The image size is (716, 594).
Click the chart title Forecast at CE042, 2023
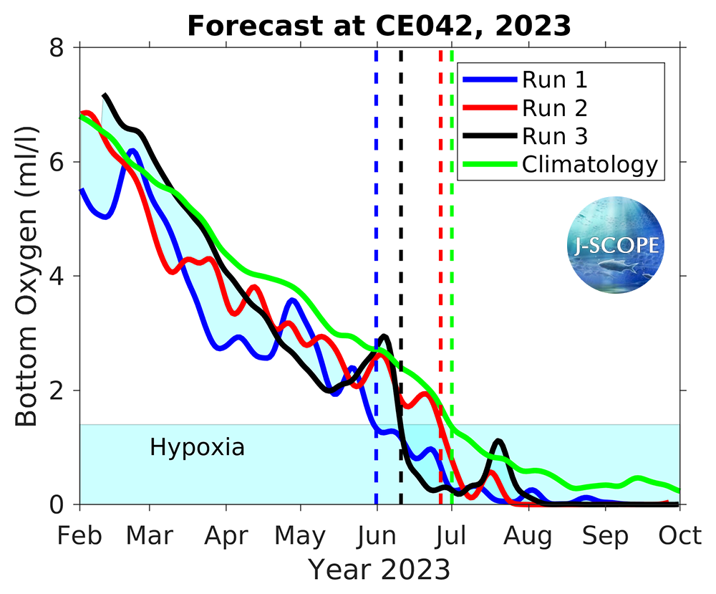[x=379, y=26]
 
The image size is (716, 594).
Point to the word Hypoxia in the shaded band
[x=198, y=448]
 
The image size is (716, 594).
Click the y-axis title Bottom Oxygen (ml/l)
[x=27, y=276]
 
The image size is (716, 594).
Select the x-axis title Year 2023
[x=379, y=570]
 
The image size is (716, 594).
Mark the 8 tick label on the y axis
[x=58, y=47]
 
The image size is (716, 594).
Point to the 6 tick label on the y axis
[x=58, y=162]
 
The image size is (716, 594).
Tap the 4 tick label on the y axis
[x=58, y=276]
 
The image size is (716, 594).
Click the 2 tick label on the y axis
[x=58, y=391]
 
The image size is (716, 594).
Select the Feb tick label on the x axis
[x=79, y=535]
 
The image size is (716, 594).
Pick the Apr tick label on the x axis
[x=226, y=535]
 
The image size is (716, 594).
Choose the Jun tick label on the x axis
[x=377, y=535]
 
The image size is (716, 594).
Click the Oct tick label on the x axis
[x=679, y=535]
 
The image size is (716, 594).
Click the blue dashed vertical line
[x=376, y=215]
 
